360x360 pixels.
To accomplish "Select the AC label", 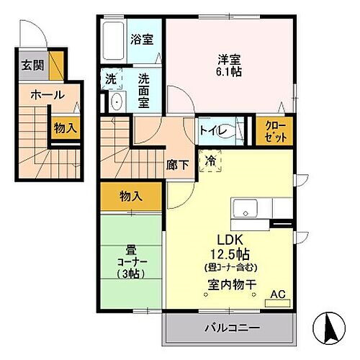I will pos(278,294).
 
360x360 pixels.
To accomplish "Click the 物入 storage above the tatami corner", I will pos(131,195).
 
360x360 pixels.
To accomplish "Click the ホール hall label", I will pos(48,94).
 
